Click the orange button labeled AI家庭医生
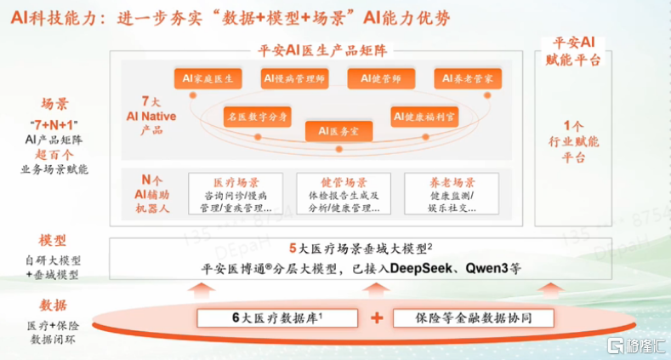pos(208,79)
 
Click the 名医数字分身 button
pos(257,114)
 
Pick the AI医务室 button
pos(338,131)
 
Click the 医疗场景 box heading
pos(236,182)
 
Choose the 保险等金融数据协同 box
pos(473,318)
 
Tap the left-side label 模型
pos(53,240)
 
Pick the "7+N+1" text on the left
pos(54,123)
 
